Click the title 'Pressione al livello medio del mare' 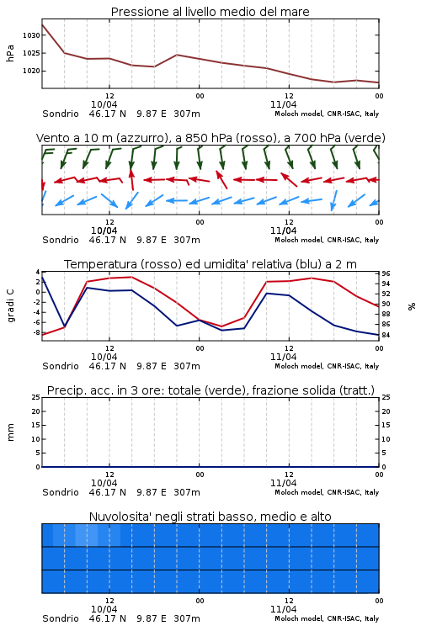point(210,12)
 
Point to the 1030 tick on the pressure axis point(31,35)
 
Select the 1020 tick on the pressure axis point(31,71)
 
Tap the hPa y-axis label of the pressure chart point(10,53)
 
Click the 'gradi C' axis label point(10,306)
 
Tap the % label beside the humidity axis point(412,306)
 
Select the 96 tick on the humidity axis point(386,273)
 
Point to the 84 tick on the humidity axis point(386,335)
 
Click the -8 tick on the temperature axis point(36,333)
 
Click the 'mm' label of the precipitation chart point(10,432)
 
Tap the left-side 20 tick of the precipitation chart point(36,411)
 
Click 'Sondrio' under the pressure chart point(61,114)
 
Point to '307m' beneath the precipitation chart point(187,492)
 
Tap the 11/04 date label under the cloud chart point(284,609)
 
